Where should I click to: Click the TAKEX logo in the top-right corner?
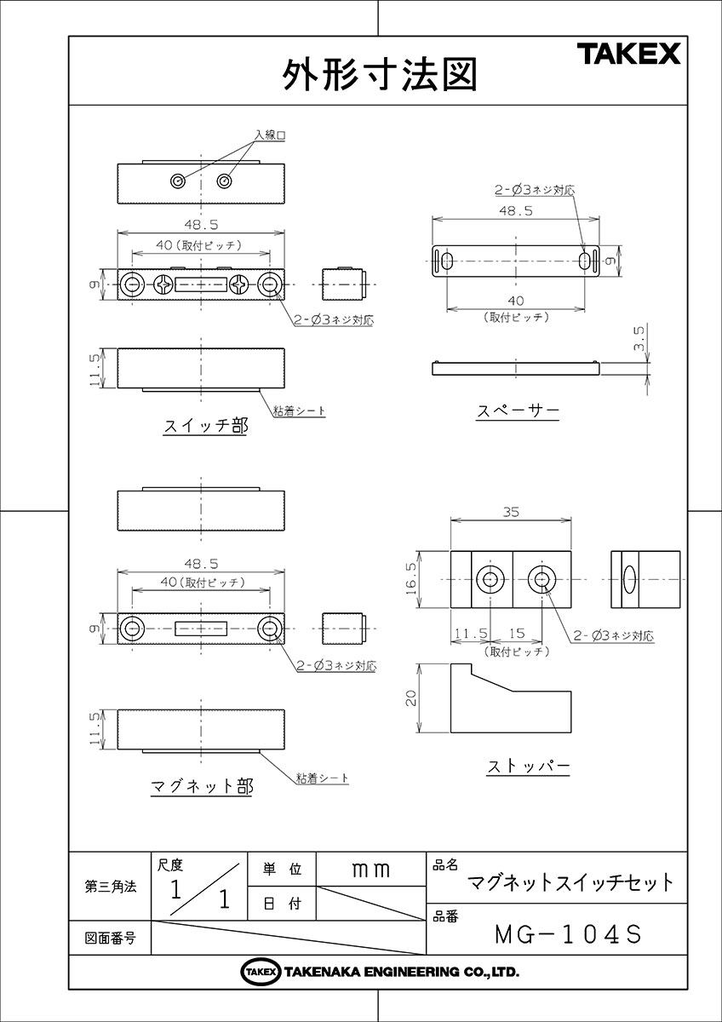pos(629,55)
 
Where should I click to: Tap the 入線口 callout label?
pos(268,135)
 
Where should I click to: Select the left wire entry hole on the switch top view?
pos(178,181)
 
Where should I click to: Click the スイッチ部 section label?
pos(204,427)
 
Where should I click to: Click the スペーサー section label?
pos(517,411)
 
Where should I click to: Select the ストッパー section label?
pos(528,766)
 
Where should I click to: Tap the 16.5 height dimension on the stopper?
pos(411,579)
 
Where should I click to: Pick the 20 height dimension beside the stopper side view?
pos(411,698)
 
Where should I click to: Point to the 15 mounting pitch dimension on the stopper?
pos(516,634)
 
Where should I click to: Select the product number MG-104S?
pos(566,934)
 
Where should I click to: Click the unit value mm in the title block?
pos(370,870)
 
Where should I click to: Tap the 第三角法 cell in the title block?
pos(110,886)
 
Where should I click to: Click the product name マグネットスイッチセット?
pos(571,882)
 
